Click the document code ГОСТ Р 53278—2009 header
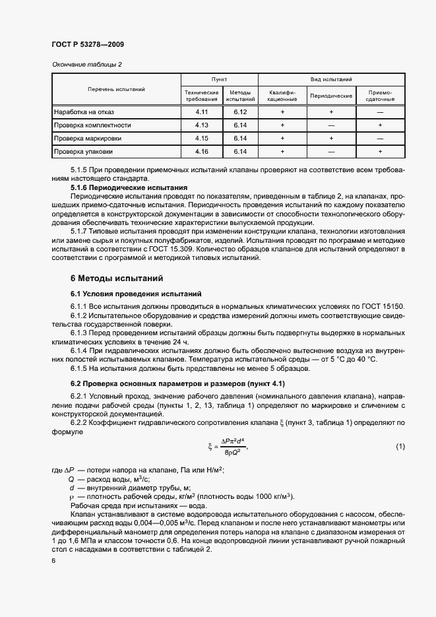coord(88,44)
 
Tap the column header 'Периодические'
coord(331,96)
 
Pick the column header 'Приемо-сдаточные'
coord(380,96)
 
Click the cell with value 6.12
coord(239,112)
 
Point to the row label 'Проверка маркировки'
coord(88,139)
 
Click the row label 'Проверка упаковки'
coord(84,151)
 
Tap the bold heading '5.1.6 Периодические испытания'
coord(129,188)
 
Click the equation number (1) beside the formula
coord(400,447)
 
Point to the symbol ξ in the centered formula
coord(210,447)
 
